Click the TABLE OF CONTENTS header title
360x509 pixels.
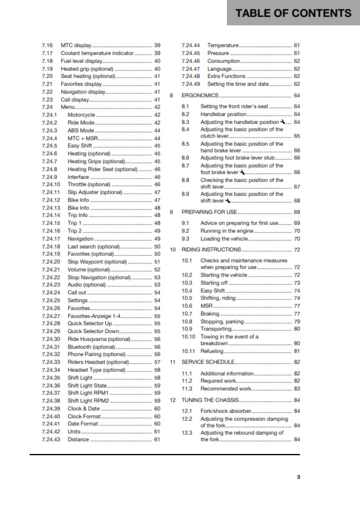click(x=293, y=13)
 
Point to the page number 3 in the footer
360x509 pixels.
click(x=298, y=477)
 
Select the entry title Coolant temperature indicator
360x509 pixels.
click(x=97, y=53)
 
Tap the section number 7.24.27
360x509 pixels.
click(x=51, y=316)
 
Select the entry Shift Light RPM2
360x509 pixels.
click(x=90, y=400)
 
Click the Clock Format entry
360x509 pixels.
click(x=84, y=416)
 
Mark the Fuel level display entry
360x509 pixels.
click(x=81, y=61)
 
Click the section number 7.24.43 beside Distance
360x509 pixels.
click(x=51, y=439)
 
